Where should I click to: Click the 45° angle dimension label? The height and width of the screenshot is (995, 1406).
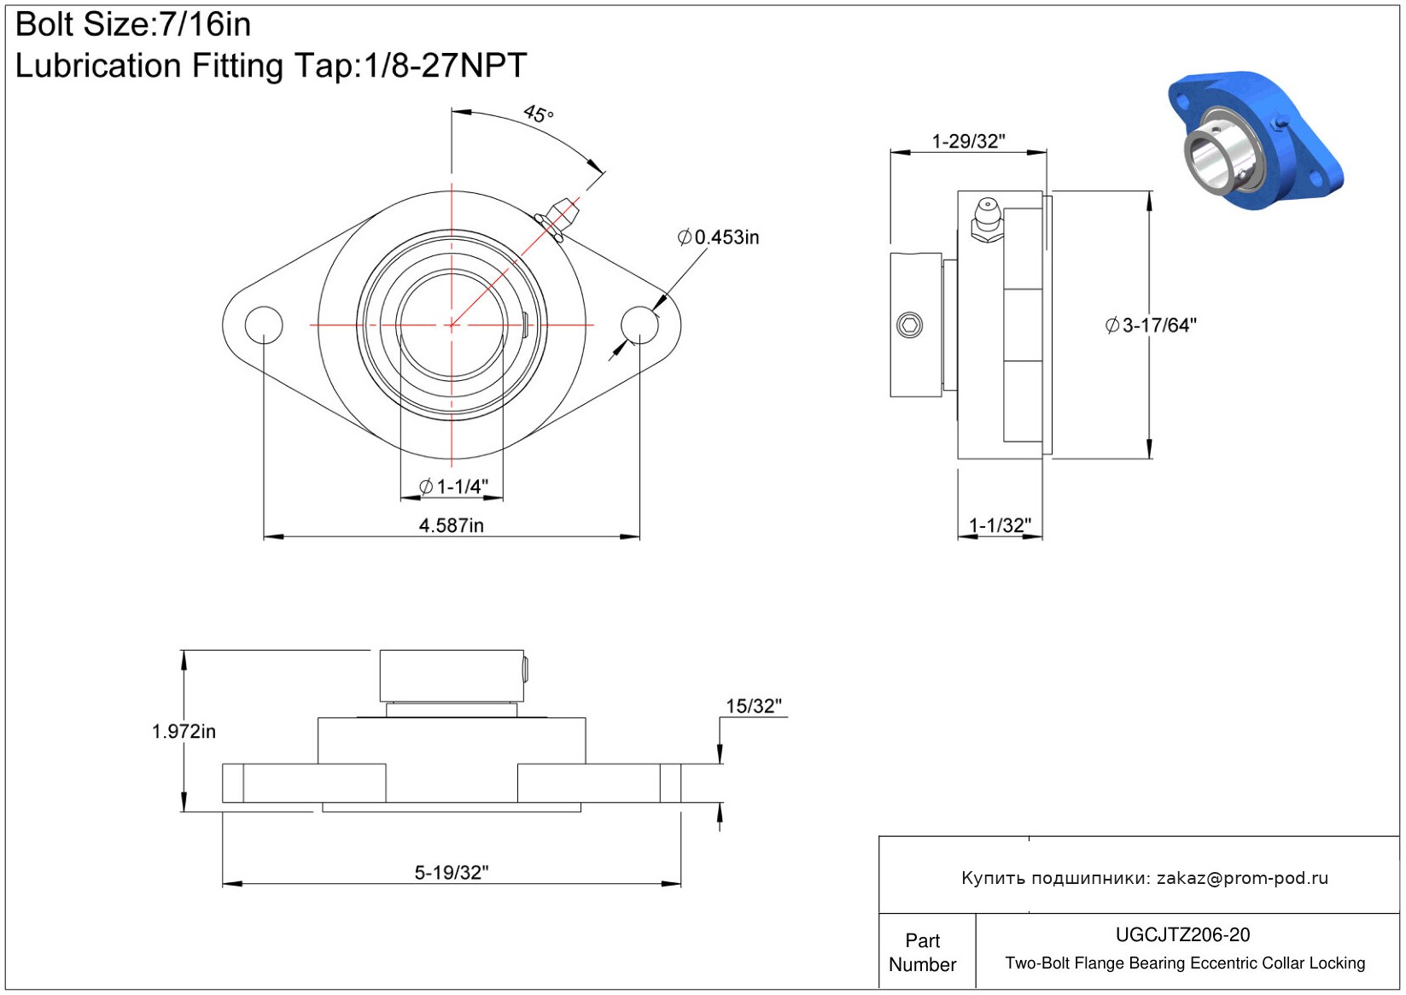point(539,114)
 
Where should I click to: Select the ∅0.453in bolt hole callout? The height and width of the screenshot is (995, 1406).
point(718,237)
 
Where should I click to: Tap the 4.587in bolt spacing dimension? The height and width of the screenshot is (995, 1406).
point(452,525)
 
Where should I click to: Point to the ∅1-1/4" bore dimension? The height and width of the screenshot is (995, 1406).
point(453,486)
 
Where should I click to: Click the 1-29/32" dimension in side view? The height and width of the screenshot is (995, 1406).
point(969,141)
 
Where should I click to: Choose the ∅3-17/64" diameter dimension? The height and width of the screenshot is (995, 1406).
point(1151,325)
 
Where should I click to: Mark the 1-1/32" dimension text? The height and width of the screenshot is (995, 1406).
point(1000,525)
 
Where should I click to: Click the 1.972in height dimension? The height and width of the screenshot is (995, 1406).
point(184,731)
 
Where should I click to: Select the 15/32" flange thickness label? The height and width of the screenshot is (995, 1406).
point(754,706)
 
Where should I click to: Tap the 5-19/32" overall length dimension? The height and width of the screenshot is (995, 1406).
point(452,873)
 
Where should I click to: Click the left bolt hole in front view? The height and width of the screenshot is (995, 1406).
point(264,325)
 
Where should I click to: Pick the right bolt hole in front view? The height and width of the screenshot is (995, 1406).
point(639,325)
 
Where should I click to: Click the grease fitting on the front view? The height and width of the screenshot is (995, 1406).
point(557,217)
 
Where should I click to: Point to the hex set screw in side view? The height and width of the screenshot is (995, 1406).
point(909,325)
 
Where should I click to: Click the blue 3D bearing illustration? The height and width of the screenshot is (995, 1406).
point(1256,140)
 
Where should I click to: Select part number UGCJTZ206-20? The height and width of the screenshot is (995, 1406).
point(1182,934)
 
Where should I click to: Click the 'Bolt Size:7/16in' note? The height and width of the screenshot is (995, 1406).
point(133,25)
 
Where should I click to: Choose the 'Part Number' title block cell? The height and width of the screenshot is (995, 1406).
point(922,951)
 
